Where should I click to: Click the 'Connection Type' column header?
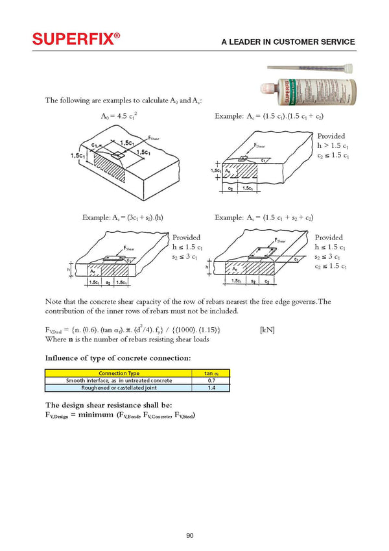pos(119,373)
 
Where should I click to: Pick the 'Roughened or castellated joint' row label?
pos(119,387)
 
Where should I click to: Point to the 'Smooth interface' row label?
pos(119,380)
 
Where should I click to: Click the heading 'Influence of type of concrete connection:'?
pos(117,358)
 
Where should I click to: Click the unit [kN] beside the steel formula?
pos(266,330)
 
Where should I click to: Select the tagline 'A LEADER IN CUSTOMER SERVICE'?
pos(288,42)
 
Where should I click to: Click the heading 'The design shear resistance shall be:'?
pos(108,405)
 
